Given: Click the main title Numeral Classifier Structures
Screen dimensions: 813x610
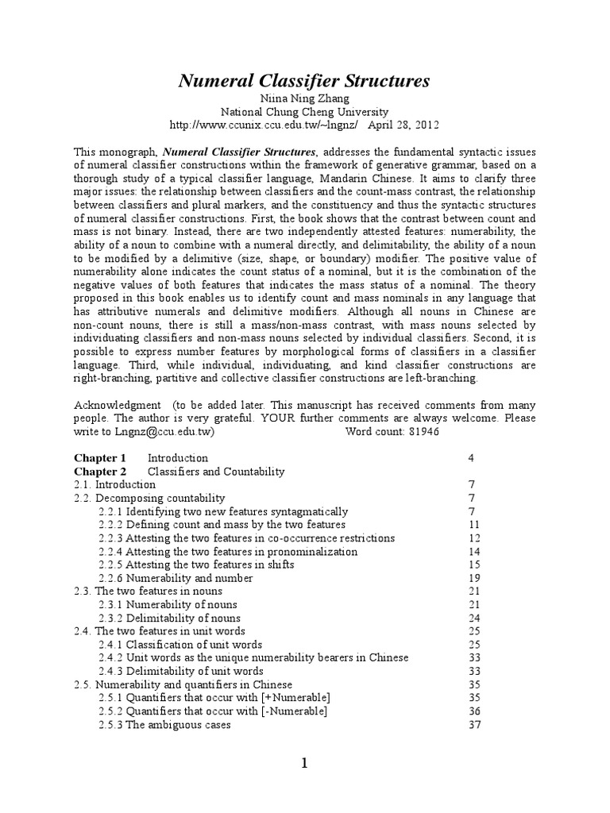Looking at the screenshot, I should [304, 80].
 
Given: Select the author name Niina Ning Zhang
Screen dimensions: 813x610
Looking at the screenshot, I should [304, 99].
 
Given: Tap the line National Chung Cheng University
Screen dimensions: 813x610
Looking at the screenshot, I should [304, 113].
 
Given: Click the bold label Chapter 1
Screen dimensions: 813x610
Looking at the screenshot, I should [100, 458].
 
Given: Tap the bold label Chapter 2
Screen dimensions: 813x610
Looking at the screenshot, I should [100, 472].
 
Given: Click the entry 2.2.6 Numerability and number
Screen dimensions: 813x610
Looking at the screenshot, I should [176, 578].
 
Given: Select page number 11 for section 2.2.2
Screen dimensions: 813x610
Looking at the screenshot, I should [474, 525].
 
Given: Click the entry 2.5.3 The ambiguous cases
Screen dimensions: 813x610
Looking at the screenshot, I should [164, 725].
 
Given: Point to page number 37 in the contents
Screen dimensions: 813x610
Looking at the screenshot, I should [474, 725].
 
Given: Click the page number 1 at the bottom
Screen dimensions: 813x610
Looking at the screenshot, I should [304, 764].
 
